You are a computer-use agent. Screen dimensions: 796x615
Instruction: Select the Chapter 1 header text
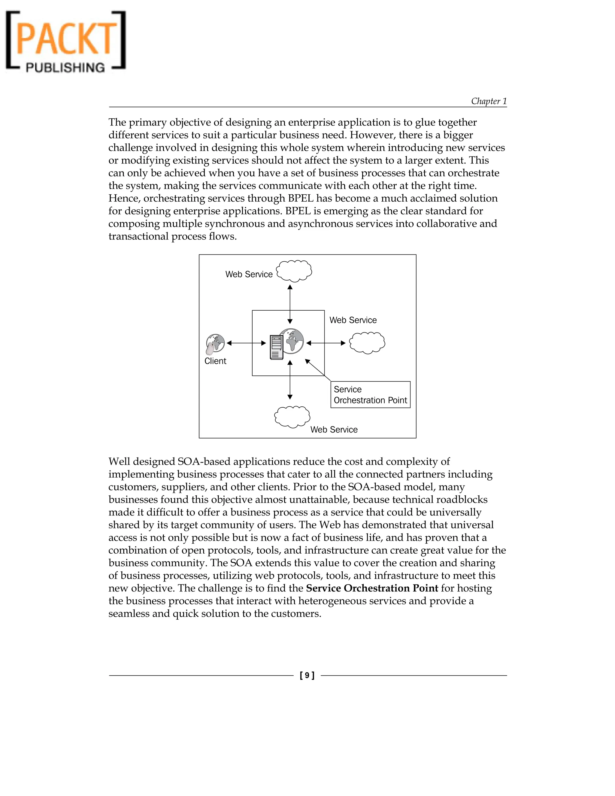pyautogui.click(x=489, y=101)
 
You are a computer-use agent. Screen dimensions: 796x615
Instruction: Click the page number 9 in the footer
pyautogui.click(x=307, y=675)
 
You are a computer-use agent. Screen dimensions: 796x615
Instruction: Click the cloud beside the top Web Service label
pyautogui.click(x=294, y=271)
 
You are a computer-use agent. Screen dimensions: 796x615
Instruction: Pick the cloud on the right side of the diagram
pyautogui.click(x=367, y=343)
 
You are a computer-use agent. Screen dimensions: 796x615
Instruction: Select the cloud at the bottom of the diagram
pyautogui.click(x=292, y=417)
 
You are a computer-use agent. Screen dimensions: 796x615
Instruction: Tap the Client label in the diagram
pyautogui.click(x=215, y=361)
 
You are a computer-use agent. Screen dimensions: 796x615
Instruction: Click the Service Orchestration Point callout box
pyautogui.click(x=370, y=395)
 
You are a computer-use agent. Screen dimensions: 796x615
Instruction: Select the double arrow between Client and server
pyautogui.click(x=246, y=343)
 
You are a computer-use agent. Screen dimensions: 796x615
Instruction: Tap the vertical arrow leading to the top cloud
pyautogui.click(x=290, y=304)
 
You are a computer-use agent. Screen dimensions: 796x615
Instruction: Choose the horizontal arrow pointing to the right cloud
pyautogui.click(x=326, y=343)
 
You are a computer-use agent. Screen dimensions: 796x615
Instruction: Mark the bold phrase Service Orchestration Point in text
pyautogui.click(x=372, y=588)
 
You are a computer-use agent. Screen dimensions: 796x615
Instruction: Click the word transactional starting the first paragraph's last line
pyautogui.click(x=138, y=236)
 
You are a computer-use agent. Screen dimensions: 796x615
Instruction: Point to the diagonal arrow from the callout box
pyautogui.click(x=317, y=370)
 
